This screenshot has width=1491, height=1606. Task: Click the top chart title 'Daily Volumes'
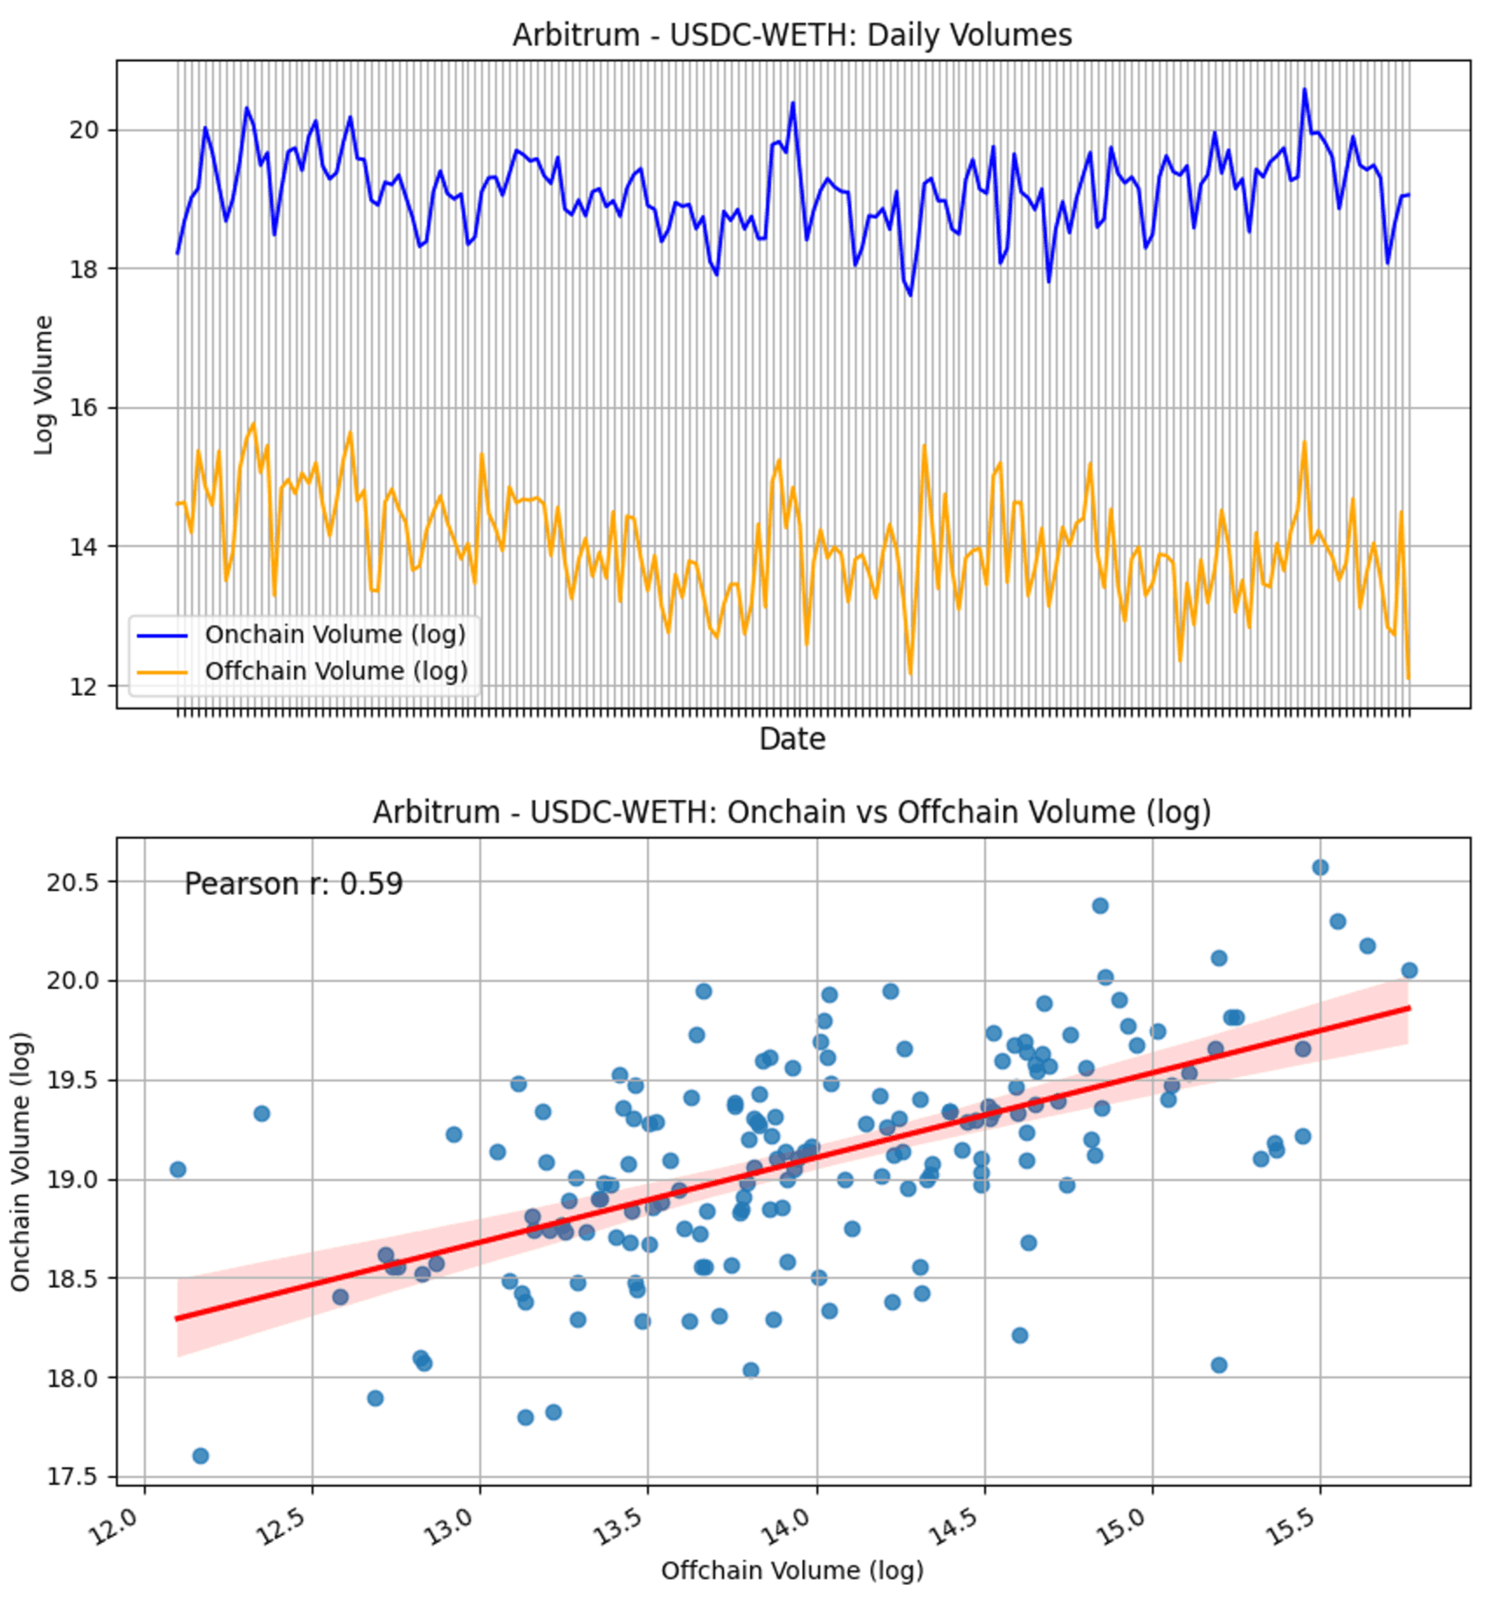click(791, 35)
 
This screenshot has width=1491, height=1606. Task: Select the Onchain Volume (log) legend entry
click(335, 635)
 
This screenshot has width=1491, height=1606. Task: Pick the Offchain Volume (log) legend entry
click(335, 672)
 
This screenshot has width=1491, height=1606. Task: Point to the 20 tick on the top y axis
click(85, 130)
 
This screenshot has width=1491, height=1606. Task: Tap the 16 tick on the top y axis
click(85, 408)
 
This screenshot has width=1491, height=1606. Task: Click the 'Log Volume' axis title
click(43, 385)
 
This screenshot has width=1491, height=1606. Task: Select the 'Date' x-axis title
click(791, 739)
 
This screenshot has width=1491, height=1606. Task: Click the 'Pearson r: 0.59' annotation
click(293, 885)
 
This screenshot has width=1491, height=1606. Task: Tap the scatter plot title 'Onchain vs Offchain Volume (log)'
click(791, 812)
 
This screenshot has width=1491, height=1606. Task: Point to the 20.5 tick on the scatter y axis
click(73, 881)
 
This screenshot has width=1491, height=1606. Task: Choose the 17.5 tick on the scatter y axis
click(73, 1477)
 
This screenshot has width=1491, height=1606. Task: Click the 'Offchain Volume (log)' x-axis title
click(791, 1570)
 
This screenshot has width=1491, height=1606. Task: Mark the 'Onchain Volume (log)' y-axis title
click(20, 1161)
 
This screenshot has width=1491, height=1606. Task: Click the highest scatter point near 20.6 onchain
click(1320, 867)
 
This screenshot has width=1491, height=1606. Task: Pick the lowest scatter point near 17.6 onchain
click(200, 1456)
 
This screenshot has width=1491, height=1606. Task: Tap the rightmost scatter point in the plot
click(1409, 970)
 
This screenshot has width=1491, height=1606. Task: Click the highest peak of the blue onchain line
click(1304, 89)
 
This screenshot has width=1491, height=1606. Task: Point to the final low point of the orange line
click(1408, 679)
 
